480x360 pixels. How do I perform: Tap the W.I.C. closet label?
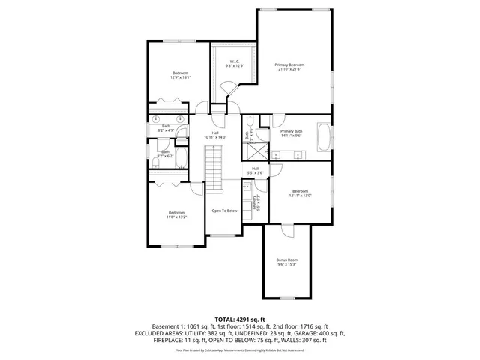[x=235, y=64]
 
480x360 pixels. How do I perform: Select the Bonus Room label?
[x=287, y=262]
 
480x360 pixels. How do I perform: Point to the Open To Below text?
[x=224, y=211]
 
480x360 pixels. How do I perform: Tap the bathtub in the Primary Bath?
[x=324, y=137]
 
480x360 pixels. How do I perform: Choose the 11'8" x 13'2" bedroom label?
[x=177, y=215]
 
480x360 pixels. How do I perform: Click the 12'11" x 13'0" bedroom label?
[x=300, y=193]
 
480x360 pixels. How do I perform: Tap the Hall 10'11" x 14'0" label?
[x=214, y=135]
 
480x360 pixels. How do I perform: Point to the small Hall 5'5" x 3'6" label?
[x=255, y=171]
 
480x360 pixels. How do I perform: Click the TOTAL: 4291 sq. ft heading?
[x=240, y=319]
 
